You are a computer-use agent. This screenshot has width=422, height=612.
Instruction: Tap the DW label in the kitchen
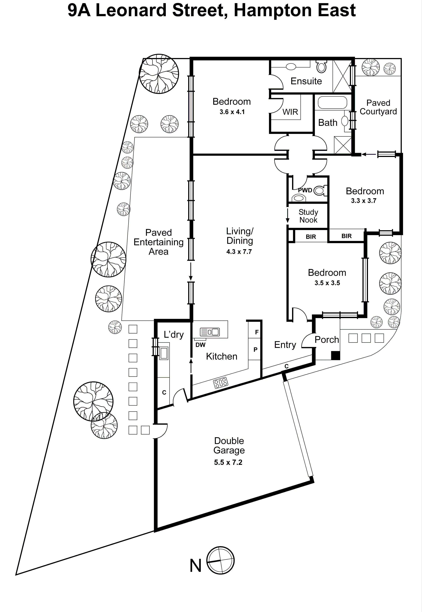point(200,345)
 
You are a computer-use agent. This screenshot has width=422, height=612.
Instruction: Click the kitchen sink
point(210,332)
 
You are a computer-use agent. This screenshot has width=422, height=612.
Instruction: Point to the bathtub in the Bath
point(332,103)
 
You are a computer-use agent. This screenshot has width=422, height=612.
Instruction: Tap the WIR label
point(290,112)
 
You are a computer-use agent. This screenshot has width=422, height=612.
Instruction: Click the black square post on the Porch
point(336,355)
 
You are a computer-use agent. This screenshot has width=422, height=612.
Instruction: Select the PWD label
point(305,190)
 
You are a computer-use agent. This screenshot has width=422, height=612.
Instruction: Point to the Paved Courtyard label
point(378,107)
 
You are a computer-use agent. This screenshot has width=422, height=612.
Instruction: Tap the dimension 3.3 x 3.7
point(364,201)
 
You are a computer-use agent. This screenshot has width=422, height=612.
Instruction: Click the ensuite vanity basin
point(291,66)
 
